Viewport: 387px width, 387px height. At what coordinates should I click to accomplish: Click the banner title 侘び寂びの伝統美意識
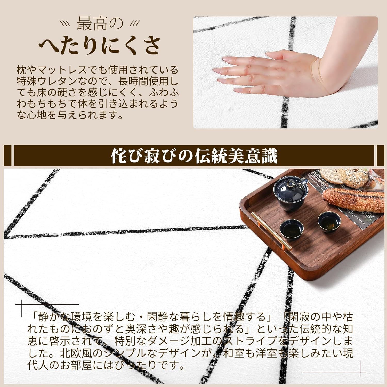click(x=194, y=156)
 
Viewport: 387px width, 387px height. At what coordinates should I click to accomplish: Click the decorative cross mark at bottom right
click(x=360, y=372)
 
